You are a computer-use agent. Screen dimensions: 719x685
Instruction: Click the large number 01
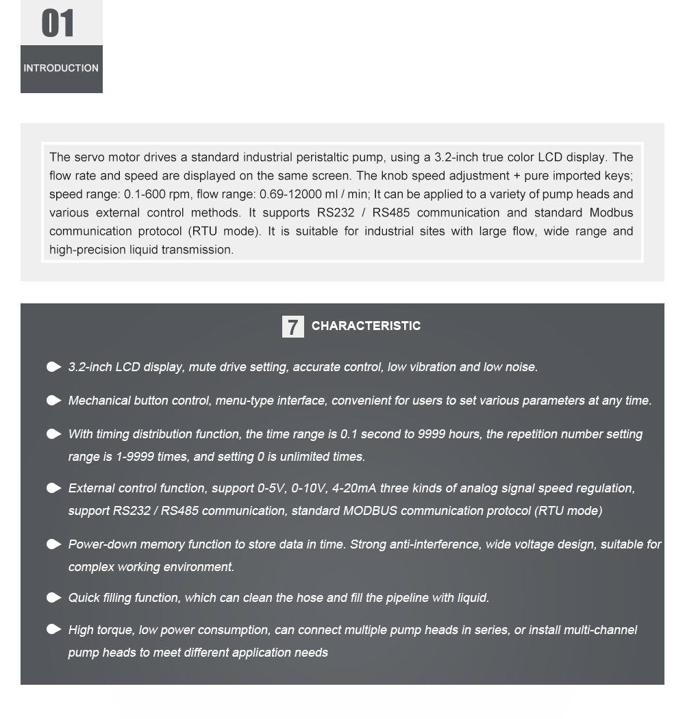pyautogui.click(x=58, y=23)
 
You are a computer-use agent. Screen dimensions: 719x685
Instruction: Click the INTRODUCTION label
pyautogui.click(x=61, y=68)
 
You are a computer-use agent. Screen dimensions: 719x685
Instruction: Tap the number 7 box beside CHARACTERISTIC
pyautogui.click(x=292, y=327)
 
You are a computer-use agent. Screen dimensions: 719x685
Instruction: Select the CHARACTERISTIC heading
pyautogui.click(x=366, y=326)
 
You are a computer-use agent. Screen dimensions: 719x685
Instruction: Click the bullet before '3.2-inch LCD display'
pyautogui.click(x=54, y=367)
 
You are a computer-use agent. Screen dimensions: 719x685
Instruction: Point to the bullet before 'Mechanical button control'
pyautogui.click(x=54, y=401)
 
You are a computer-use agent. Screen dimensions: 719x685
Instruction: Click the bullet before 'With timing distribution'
pyautogui.click(x=54, y=434)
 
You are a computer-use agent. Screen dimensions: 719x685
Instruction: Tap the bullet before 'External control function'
pyautogui.click(x=54, y=488)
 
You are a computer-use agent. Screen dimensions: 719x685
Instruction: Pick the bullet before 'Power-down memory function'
pyautogui.click(x=54, y=544)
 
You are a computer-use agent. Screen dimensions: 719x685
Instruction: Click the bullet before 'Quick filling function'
pyautogui.click(x=54, y=598)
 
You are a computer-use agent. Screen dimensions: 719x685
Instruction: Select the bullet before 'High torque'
pyautogui.click(x=54, y=630)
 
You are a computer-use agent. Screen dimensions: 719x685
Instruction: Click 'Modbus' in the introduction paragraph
pyautogui.click(x=611, y=213)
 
